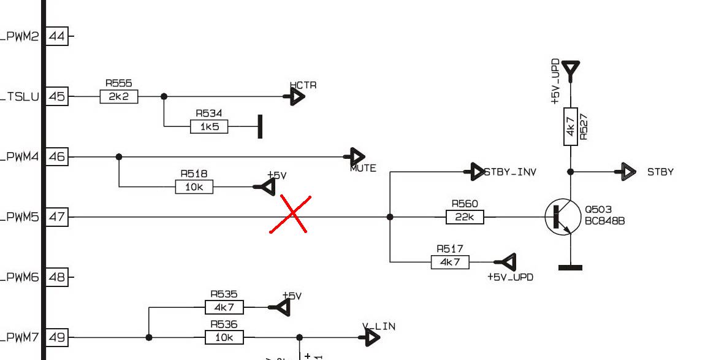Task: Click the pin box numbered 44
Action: coord(57,36)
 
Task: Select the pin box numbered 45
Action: coord(57,96)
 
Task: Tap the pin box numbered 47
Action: coord(57,216)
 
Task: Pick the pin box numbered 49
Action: coord(57,337)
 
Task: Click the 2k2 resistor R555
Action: coord(119,96)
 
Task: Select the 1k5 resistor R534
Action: coord(209,127)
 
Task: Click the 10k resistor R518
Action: coord(194,187)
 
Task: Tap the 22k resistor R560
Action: coord(465,216)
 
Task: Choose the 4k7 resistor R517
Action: coord(450,262)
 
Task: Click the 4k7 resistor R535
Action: coord(224,307)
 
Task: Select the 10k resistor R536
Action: coord(224,337)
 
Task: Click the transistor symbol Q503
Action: coord(559,217)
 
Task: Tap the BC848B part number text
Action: coord(604,221)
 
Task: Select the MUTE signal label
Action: coord(363,168)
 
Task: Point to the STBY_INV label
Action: coord(510,172)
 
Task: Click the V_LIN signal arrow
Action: coord(371,337)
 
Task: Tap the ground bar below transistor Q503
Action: coord(570,267)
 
